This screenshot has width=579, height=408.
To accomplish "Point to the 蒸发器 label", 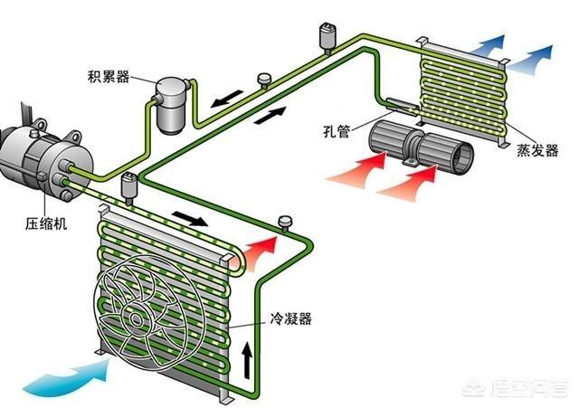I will pos(541,150).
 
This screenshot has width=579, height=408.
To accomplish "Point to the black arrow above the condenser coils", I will pos(188,219).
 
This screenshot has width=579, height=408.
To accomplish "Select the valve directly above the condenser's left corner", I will pos(128,185).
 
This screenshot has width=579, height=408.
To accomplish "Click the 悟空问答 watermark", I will pos(525,390).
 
